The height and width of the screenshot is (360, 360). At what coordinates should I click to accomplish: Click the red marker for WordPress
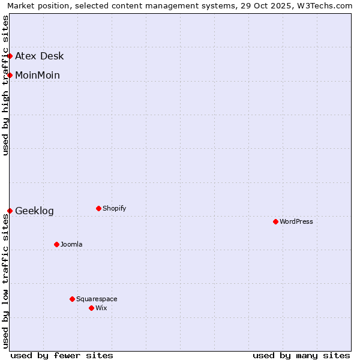click(275, 221)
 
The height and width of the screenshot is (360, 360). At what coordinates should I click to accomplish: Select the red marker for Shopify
click(98, 208)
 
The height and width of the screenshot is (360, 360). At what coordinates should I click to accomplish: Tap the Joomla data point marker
click(56, 244)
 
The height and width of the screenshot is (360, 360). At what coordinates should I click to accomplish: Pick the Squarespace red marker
click(72, 299)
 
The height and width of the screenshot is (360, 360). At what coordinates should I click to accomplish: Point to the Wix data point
click(91, 308)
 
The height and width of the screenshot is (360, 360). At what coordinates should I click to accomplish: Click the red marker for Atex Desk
click(10, 56)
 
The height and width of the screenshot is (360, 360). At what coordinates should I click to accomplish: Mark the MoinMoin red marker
click(10, 75)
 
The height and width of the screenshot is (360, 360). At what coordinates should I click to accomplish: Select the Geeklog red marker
click(10, 211)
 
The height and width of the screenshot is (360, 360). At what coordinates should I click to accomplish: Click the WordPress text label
click(296, 221)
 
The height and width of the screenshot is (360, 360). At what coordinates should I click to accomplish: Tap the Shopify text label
click(115, 208)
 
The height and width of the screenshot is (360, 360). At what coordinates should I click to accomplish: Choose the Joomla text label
click(71, 244)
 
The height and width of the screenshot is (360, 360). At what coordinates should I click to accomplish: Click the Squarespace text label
click(97, 299)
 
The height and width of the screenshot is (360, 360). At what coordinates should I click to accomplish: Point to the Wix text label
click(101, 308)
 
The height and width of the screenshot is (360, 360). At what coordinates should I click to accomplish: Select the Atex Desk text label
click(40, 56)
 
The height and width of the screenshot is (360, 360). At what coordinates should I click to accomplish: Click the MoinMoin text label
click(37, 76)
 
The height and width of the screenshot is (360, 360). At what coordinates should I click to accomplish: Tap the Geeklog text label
click(34, 211)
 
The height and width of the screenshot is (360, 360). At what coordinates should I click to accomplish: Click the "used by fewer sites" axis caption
click(62, 355)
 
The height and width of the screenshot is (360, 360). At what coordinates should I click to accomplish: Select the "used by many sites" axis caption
click(301, 355)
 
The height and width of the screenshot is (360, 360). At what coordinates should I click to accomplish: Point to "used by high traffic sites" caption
click(5, 85)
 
